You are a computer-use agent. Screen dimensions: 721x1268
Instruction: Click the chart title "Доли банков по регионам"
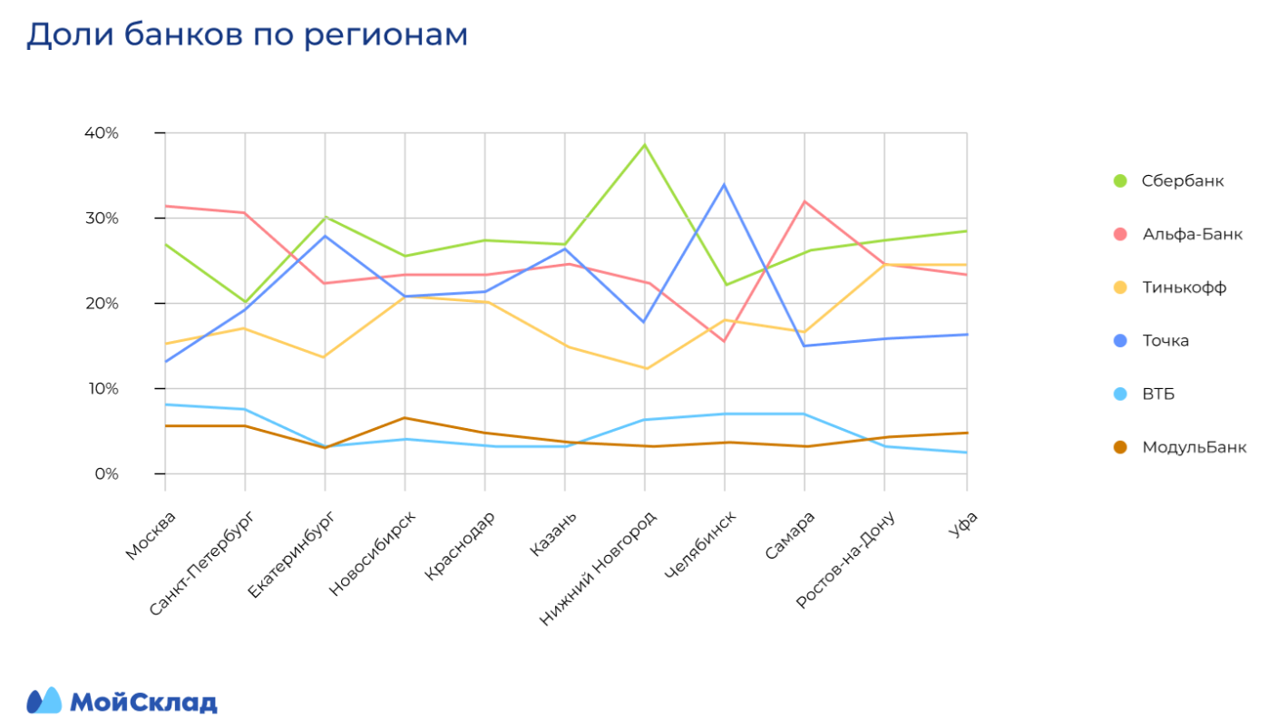(x=247, y=34)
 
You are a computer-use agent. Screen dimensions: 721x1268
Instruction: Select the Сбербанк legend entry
(x=1182, y=180)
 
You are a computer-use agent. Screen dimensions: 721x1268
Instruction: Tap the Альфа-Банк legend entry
(x=1191, y=234)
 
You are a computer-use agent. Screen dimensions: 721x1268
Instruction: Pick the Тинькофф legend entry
(x=1184, y=287)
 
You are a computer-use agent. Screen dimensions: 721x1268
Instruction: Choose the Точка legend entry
(x=1166, y=341)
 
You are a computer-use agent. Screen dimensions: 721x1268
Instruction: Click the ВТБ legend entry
(x=1158, y=394)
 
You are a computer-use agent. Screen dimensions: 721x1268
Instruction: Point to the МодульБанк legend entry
(x=1194, y=447)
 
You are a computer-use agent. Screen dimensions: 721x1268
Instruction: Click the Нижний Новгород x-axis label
(x=597, y=568)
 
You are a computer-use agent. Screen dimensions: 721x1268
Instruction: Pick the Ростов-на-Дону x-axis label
(x=845, y=559)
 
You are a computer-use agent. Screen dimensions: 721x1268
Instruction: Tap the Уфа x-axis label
(x=962, y=525)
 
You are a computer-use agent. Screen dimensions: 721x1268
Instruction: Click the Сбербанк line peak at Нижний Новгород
(x=644, y=145)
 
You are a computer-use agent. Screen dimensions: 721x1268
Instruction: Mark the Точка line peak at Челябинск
(x=724, y=185)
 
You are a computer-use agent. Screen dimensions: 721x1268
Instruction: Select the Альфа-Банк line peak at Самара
(x=804, y=201)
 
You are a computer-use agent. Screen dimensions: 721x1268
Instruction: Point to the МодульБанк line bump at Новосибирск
(x=405, y=418)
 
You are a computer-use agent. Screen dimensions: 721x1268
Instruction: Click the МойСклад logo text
(x=143, y=702)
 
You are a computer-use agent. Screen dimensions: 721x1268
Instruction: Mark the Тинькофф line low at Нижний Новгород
(x=644, y=368)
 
